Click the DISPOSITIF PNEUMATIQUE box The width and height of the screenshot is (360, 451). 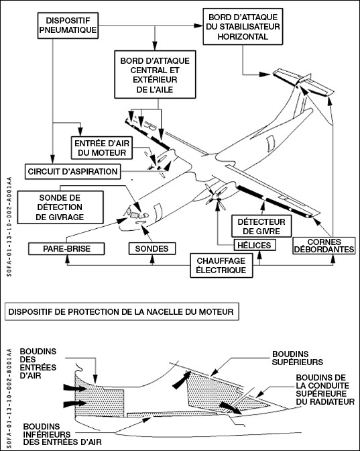click(x=68, y=26)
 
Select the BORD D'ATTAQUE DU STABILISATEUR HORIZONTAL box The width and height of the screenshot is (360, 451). click(x=243, y=26)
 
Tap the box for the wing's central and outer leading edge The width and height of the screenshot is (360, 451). click(x=155, y=74)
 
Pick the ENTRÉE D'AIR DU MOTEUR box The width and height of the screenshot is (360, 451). click(x=102, y=148)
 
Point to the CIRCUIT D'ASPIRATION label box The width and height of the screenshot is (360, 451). click(x=72, y=171)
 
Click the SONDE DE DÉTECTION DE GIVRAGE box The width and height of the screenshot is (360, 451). click(x=60, y=207)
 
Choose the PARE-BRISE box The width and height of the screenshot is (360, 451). click(x=66, y=248)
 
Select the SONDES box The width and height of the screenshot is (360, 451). click(x=152, y=248)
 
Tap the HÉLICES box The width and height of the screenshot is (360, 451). click(x=255, y=245)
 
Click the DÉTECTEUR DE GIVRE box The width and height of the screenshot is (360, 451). click(x=261, y=226)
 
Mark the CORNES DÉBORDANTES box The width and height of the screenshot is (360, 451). click(x=324, y=246)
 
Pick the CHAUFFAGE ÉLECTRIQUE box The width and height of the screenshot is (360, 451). click(x=221, y=265)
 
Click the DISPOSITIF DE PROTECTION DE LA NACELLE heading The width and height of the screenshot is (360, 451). click(x=121, y=311)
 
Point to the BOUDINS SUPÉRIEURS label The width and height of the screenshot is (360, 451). click(x=298, y=358)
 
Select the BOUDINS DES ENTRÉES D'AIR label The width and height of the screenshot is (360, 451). click(x=38, y=363)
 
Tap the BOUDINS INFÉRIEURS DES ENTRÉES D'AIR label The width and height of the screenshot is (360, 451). click(x=62, y=434)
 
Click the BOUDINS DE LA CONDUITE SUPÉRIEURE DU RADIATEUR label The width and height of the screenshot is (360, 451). click(x=325, y=389)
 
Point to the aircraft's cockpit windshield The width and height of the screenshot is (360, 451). click(x=135, y=214)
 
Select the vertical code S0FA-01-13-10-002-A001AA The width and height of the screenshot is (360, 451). click(x=9, y=227)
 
